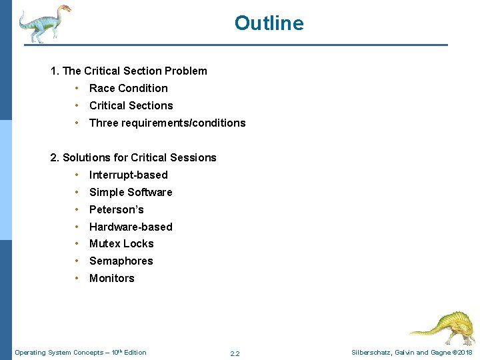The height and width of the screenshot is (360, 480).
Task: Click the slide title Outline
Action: click(269, 23)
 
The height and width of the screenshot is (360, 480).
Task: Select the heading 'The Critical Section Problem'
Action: click(129, 71)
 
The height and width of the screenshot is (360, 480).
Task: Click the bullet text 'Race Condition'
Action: click(128, 88)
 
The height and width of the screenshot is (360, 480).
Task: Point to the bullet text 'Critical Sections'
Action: click(131, 105)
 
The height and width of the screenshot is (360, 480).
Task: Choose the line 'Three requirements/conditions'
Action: click(167, 123)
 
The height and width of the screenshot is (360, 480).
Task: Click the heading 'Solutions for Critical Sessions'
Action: click(133, 157)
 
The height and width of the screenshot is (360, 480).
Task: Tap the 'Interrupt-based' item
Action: click(128, 175)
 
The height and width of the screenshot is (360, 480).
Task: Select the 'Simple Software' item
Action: click(131, 192)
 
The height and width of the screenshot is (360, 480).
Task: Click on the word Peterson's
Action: click(116, 209)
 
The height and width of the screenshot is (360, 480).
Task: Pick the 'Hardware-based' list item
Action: click(131, 227)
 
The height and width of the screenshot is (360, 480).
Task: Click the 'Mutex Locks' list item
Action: click(121, 244)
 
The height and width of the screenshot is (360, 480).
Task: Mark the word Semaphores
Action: click(121, 261)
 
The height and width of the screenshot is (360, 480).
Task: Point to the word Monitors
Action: click(111, 279)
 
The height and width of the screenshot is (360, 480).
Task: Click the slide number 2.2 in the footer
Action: click(235, 353)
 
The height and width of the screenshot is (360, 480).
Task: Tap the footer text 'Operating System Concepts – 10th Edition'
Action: click(80, 352)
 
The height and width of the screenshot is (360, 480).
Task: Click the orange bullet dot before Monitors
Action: click(78, 279)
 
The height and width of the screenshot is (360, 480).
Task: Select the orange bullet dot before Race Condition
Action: click(78, 88)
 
